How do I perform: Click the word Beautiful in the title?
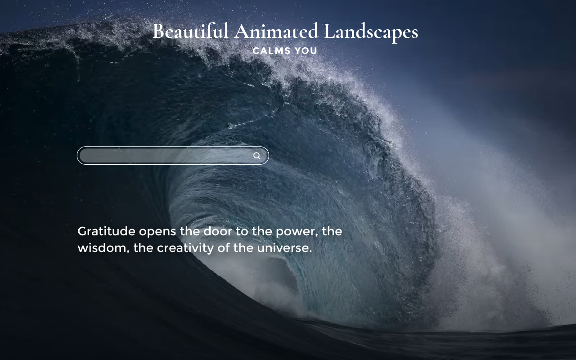[x=190, y=31]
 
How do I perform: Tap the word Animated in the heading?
[x=276, y=31]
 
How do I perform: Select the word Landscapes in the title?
[x=371, y=32]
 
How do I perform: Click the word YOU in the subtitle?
[x=306, y=51]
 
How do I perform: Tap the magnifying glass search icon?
[x=256, y=156]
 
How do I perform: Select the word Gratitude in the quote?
[x=106, y=231]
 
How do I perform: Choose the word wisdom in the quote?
[x=103, y=248]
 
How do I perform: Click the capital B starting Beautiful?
[x=158, y=31]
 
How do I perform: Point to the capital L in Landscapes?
[x=329, y=31]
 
